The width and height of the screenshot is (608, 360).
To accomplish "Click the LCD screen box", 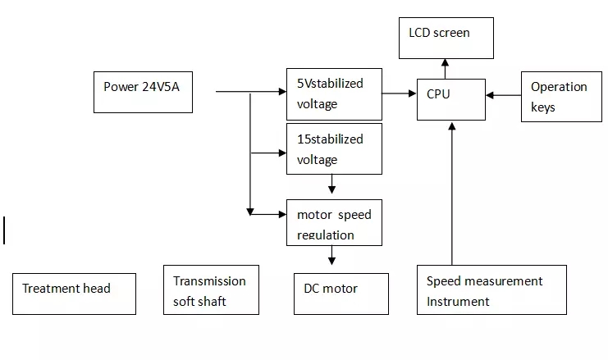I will coord(446,38).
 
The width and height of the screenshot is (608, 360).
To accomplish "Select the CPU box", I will coord(450,99).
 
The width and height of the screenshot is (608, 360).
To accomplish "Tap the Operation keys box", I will coord(560,96).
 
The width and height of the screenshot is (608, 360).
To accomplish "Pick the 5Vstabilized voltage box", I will coord(334,93).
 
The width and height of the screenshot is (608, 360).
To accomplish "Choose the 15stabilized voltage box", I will coord(334,148).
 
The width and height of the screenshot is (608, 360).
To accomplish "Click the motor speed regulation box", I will coord(334,222).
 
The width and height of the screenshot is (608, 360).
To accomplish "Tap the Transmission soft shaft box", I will coord(211,289).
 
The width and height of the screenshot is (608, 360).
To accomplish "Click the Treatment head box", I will coord(74,294).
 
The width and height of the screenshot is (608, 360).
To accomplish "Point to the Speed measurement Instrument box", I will coord(491,289).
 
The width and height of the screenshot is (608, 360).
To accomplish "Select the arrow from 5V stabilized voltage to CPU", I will coord(400,93).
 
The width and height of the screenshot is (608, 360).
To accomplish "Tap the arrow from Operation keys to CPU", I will coord(503,95).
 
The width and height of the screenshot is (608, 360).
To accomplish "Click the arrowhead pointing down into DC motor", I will coord(332,261).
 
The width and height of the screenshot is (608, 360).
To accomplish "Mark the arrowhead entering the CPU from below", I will coord(451,125).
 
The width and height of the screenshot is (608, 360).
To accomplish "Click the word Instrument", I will coord(457,301).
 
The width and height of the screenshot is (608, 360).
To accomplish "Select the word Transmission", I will coord(209,280).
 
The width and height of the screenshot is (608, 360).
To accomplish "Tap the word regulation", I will coord(326,235).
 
